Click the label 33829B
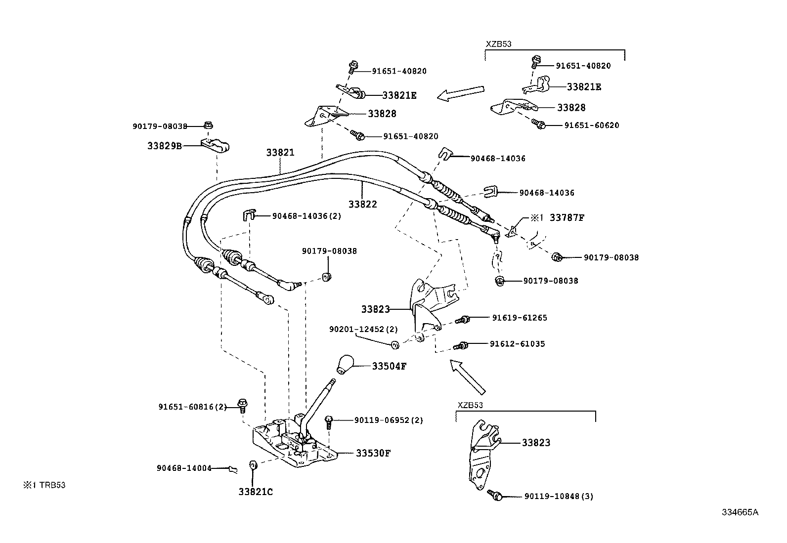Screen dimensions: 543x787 click(x=164, y=146)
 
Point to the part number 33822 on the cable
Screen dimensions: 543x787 click(x=362, y=204)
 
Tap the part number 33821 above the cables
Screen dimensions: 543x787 click(x=280, y=153)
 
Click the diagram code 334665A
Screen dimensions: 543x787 click(x=739, y=512)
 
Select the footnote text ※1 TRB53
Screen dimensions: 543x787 click(x=44, y=485)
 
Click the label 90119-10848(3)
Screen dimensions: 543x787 click(x=559, y=496)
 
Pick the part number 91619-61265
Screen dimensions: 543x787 click(x=519, y=318)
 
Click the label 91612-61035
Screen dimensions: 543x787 click(x=517, y=343)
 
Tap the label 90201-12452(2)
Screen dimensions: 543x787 click(x=363, y=329)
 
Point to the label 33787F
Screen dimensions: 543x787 click(x=567, y=217)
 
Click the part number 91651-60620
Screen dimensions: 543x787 click(x=591, y=125)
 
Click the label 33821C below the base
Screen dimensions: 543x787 click(x=256, y=492)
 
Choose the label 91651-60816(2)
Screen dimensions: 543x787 click(x=192, y=407)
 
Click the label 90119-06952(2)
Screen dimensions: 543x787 click(x=389, y=420)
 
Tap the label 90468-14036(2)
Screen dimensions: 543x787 click(x=306, y=216)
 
